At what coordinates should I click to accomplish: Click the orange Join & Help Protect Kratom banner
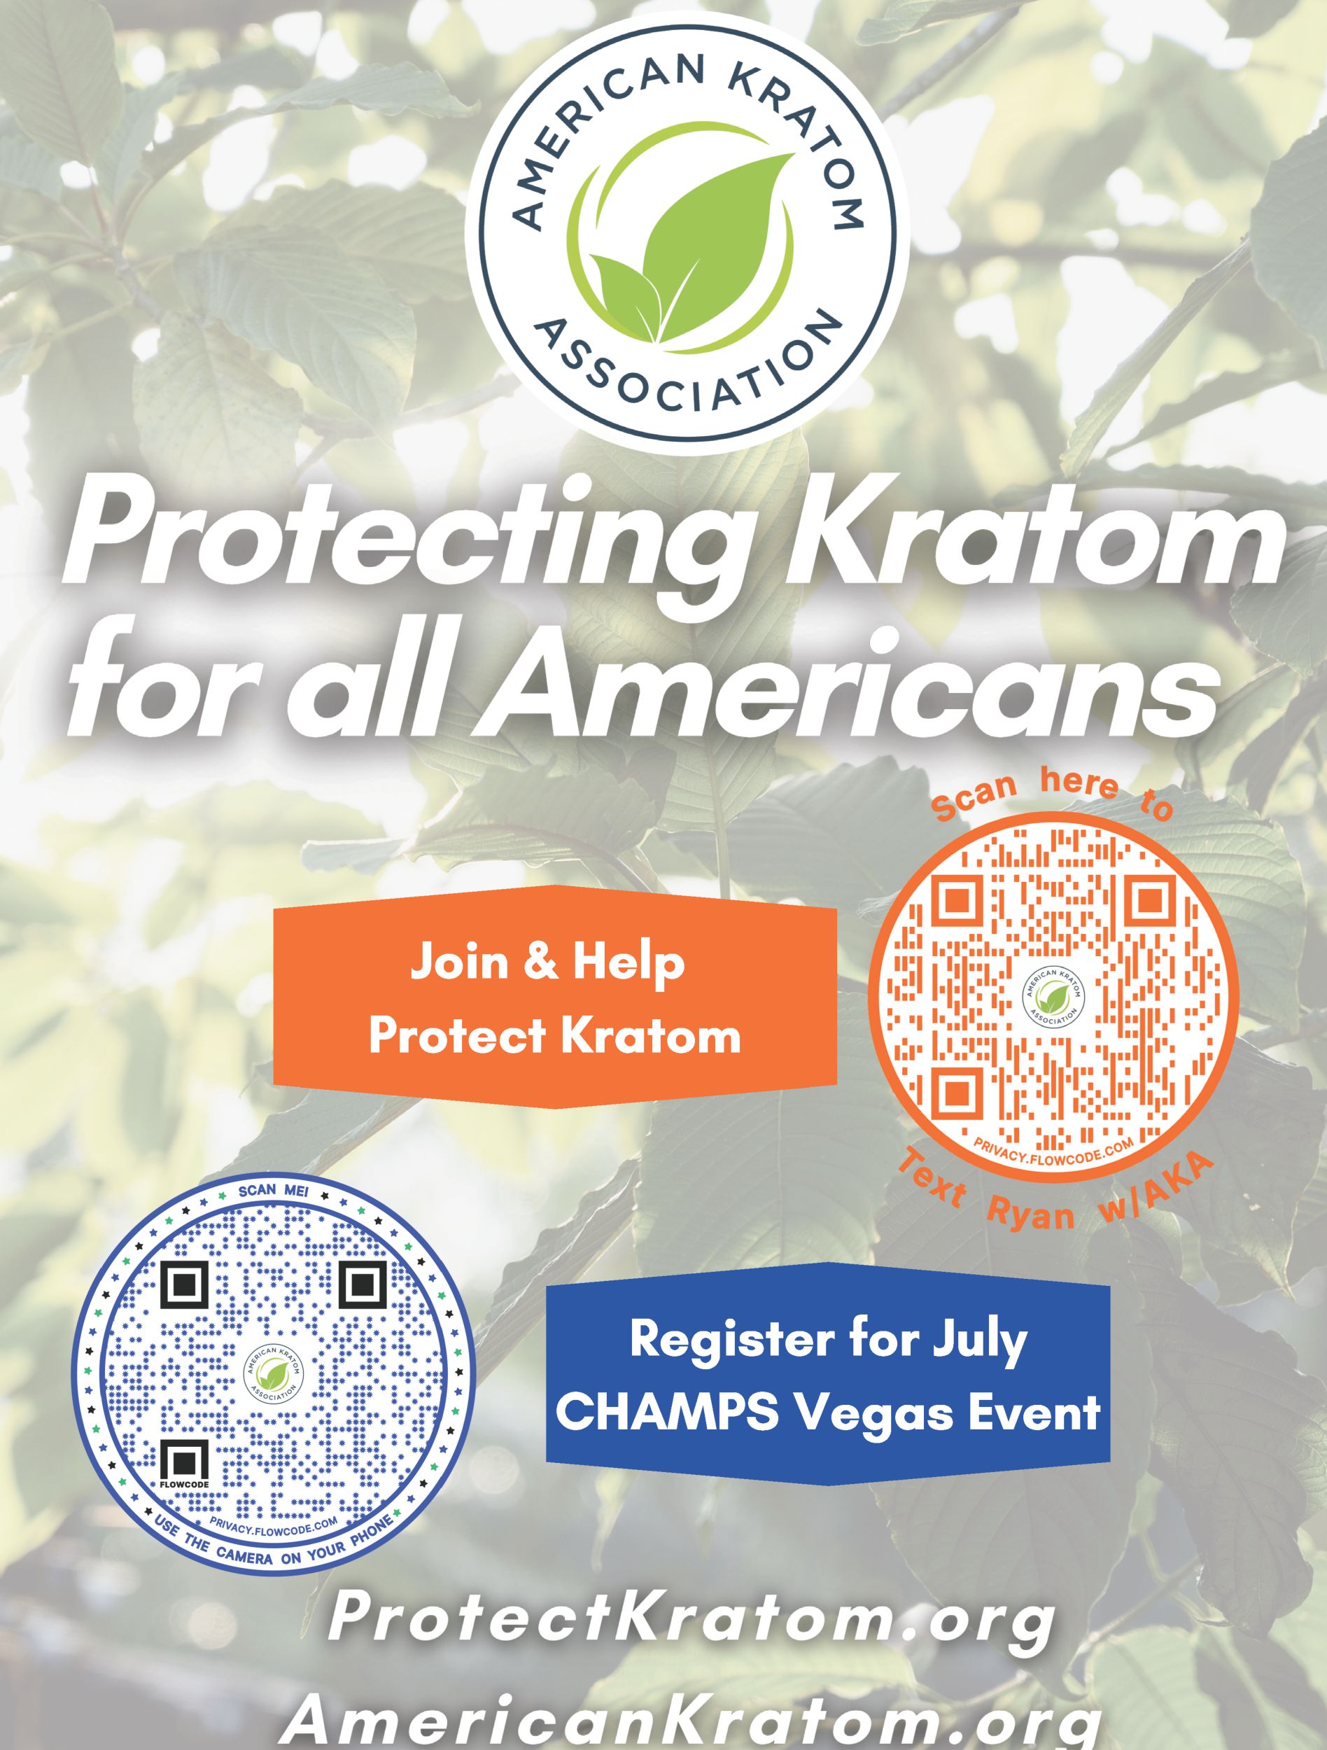[554, 997]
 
